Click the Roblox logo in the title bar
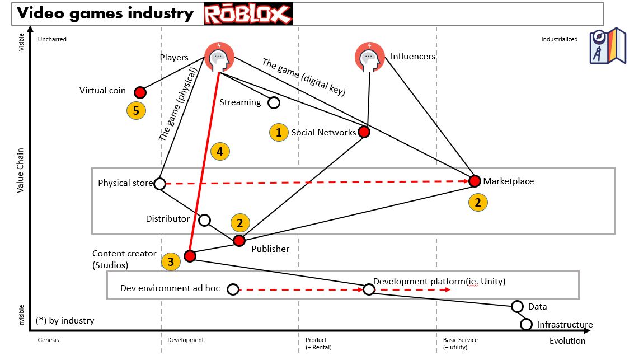point(248,14)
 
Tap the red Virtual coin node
point(140,92)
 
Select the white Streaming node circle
point(274,102)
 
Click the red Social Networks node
point(364,132)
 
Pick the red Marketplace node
point(475,181)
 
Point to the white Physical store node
point(159,183)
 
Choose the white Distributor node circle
point(205,220)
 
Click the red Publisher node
point(239,241)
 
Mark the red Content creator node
point(190,256)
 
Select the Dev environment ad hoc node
point(233,289)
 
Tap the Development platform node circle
point(368,289)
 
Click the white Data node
point(518,306)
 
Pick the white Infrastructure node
point(526,324)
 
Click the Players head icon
point(219,57)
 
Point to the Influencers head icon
point(369,57)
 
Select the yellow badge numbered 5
point(136,110)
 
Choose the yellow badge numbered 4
point(220,151)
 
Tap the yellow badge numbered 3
point(171,261)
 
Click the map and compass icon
point(607,45)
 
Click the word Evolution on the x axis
point(567,340)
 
